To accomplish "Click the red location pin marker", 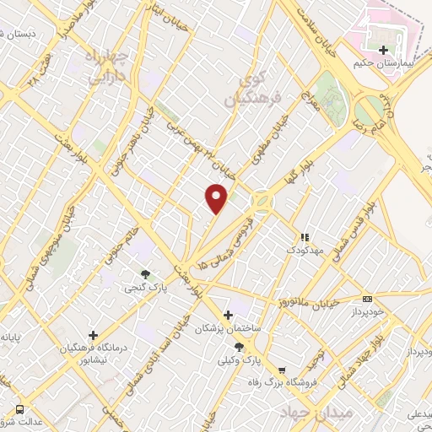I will (217, 197).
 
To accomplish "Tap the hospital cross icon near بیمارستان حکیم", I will (385, 50).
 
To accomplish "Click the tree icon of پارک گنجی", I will (146, 273).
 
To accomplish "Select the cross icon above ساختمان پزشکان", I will (228, 314).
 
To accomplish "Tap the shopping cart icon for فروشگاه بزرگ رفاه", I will (282, 369).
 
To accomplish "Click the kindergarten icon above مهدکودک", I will (305, 238).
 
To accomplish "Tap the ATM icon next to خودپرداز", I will (366, 298).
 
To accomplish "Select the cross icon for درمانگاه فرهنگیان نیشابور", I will (93, 335).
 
